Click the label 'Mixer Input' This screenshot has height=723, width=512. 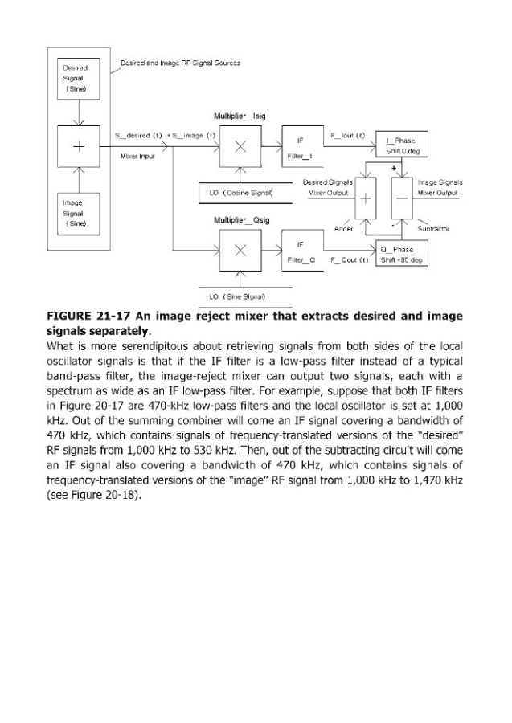click(134, 157)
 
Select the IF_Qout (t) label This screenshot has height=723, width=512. click(348, 261)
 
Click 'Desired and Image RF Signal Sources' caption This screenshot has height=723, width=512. click(180, 63)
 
